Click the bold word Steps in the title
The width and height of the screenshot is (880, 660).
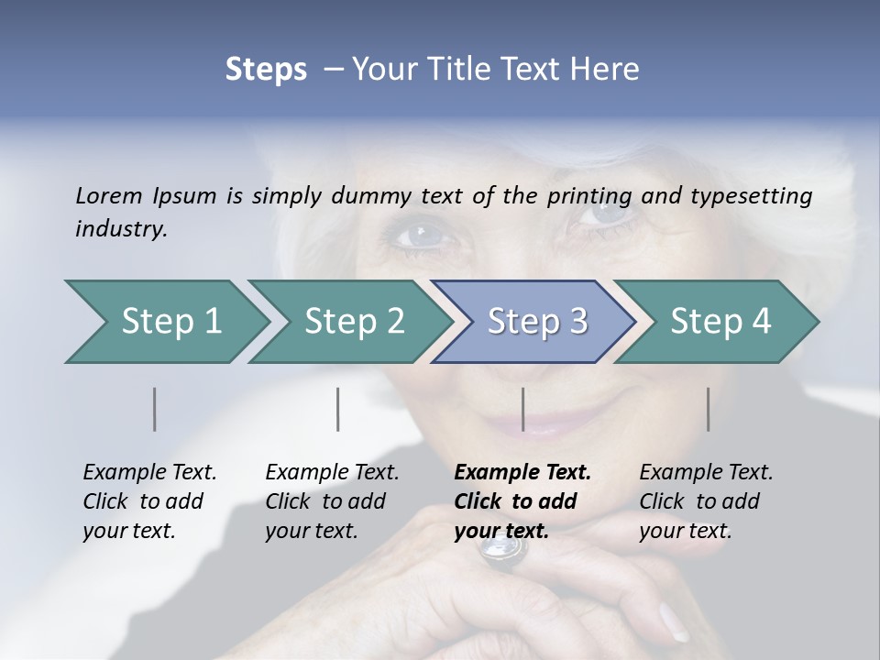click(266, 70)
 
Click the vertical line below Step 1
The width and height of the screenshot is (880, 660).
click(155, 409)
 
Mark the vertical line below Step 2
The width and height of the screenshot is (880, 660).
click(338, 409)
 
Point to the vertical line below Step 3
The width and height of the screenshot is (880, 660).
click(522, 409)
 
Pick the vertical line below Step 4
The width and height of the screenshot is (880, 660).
click(708, 409)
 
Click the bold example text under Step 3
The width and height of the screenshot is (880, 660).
click(521, 501)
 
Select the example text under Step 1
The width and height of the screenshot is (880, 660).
click(148, 501)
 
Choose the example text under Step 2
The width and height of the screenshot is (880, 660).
click(331, 501)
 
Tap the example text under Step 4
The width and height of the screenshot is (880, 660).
click(705, 501)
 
